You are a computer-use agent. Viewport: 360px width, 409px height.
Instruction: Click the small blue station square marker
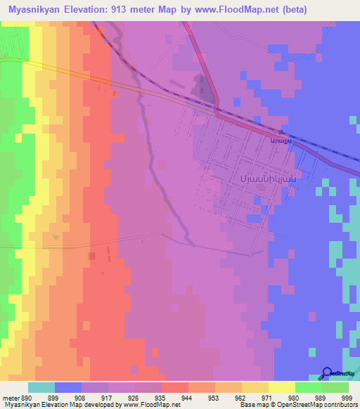pos(281,132)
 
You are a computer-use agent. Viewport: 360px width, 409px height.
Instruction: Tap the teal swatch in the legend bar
pos(41,387)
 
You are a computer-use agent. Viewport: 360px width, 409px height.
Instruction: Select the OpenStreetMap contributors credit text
pos(315,405)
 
